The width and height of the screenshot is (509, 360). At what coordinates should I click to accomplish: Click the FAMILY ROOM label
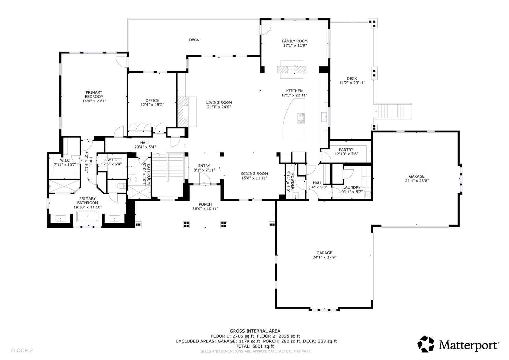295,41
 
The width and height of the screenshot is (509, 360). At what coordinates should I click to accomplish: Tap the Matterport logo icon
426,344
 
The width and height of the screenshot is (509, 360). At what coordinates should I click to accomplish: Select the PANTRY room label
346,150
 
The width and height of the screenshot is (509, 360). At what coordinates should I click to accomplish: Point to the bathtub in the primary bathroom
87,216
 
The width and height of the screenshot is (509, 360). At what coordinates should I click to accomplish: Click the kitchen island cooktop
301,118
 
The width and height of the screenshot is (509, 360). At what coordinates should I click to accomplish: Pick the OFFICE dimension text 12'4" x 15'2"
152,105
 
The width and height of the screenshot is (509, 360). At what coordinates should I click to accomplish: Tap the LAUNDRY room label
352,187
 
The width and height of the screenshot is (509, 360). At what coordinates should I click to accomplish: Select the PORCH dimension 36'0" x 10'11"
205,209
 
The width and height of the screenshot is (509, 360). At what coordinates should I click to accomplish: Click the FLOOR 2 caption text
22,350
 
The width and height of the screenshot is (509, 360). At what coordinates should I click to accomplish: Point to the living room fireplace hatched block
183,112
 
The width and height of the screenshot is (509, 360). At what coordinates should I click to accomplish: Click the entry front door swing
205,178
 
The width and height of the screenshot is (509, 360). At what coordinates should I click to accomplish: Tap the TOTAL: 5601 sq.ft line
254,346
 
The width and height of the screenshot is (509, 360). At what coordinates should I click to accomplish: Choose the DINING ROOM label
254,174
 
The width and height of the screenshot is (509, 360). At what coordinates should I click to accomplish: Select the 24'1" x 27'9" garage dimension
324,257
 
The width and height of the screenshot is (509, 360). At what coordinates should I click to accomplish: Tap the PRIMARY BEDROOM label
94,95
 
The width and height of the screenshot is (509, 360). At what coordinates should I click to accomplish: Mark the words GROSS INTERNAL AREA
255,331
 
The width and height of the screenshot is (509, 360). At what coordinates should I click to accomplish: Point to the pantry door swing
326,156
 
